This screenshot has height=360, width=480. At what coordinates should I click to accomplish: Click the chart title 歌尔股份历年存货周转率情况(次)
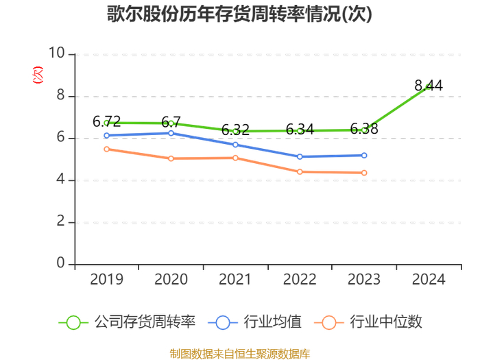coord(239,14)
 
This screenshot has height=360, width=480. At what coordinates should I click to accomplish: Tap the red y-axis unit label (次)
coord(38,75)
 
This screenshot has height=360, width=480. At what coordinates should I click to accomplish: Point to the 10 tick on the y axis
coord(57,53)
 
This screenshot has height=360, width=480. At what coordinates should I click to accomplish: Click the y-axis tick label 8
coord(60,95)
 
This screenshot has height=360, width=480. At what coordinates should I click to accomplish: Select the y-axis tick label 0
coord(60,263)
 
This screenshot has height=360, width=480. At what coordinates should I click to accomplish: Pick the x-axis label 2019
coord(106,279)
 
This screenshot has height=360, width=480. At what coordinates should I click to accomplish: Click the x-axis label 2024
coord(429,279)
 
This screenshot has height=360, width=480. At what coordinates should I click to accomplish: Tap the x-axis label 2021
coord(235,279)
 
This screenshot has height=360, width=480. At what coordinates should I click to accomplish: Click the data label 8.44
coord(429,86)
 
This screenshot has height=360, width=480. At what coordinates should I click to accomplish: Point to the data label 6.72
coord(106,121)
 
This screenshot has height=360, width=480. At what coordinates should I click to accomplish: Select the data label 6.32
coord(235,130)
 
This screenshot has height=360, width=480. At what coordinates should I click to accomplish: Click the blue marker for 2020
coord(171,133)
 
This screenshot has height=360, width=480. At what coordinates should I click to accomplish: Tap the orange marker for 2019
coord(106,149)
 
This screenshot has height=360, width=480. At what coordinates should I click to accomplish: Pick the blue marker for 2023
coord(364,156)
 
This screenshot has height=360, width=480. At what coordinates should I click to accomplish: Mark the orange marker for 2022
coord(300,171)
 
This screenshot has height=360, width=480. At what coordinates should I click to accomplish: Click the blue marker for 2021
coord(235,145)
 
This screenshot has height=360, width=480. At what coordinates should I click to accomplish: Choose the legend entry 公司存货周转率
coord(127,322)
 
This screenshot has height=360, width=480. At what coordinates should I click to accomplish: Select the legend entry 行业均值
coord(254,322)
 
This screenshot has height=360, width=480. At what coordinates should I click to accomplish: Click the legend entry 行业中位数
coord(368,322)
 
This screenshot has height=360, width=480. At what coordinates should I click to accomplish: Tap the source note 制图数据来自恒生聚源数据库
coord(240,354)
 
